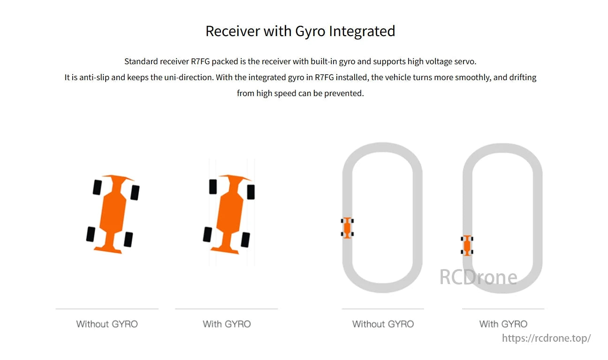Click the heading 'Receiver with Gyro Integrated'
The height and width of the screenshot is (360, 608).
pyautogui.click(x=300, y=31)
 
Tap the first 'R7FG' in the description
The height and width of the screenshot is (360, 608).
pyautogui.click(x=200, y=61)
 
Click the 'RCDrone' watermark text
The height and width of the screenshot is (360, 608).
pyautogui.click(x=478, y=277)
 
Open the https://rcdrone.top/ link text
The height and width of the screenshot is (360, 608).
pyautogui.click(x=546, y=338)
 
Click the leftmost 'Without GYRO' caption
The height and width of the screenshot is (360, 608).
pyautogui.click(x=107, y=324)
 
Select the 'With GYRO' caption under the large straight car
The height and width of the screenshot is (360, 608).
pyautogui.click(x=227, y=324)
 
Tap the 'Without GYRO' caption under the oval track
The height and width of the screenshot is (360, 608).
pyautogui.click(x=383, y=324)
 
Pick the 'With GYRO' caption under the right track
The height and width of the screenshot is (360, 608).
pyautogui.click(x=503, y=324)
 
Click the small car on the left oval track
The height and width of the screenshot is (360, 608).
pyautogui.click(x=347, y=228)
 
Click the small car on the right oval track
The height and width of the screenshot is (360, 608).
pyautogui.click(x=467, y=246)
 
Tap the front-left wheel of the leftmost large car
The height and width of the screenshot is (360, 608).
pyautogui.click(x=97, y=187)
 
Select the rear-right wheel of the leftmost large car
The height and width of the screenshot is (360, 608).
pyautogui.click(x=129, y=240)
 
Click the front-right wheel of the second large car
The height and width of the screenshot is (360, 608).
pyautogui.click(x=251, y=192)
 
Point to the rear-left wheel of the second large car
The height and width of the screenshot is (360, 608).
pyautogui.click(x=207, y=234)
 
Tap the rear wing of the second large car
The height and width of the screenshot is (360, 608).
pyautogui.click(x=225, y=250)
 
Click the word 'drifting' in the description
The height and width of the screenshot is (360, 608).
pyautogui.click(x=523, y=78)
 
